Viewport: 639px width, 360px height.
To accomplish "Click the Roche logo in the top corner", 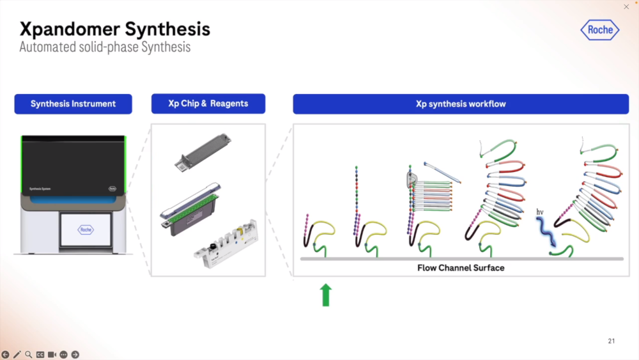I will tap(600, 29).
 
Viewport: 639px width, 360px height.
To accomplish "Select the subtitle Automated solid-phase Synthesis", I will tap(105, 47).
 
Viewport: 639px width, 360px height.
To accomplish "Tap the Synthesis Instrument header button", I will tap(73, 104).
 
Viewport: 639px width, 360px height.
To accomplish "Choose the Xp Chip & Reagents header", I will tap(208, 104).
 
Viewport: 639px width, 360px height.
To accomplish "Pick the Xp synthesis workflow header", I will tap(461, 104).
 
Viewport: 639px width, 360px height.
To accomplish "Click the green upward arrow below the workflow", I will tap(326, 295).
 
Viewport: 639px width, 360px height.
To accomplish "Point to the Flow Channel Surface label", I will tap(461, 268).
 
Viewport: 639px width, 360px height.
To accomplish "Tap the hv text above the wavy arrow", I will tap(540, 211).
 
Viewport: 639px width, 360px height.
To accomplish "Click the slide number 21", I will tap(611, 341).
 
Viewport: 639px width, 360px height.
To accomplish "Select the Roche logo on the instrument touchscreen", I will tap(86, 229).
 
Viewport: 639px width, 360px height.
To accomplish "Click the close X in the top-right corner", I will tap(626, 6).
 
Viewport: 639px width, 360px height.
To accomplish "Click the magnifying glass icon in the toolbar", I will tap(29, 354).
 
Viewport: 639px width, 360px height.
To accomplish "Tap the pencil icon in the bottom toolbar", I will tap(17, 354).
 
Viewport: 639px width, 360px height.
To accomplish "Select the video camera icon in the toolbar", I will tap(52, 354).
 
